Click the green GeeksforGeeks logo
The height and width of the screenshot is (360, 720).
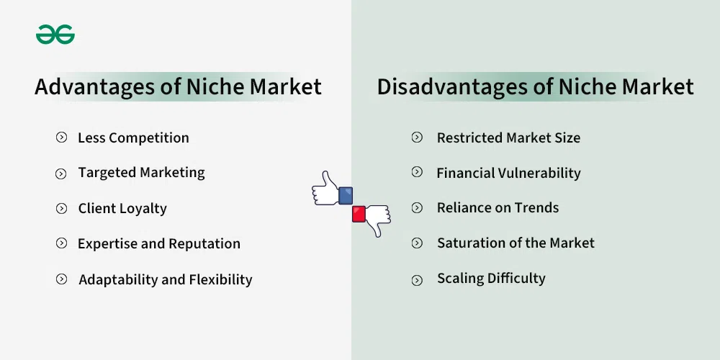(x=55, y=35)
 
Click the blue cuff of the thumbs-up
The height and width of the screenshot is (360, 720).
(x=346, y=195)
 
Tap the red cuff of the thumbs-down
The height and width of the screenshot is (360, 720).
(x=359, y=214)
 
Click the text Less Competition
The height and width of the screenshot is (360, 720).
(x=133, y=138)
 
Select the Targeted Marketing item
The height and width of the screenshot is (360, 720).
(x=141, y=173)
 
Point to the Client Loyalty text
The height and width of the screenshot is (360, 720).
(x=122, y=209)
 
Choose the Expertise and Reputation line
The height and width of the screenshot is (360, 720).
(x=159, y=243)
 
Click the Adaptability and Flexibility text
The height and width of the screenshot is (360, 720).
(x=166, y=279)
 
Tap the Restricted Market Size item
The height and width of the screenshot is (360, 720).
(x=508, y=138)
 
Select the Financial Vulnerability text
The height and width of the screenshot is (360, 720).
(x=508, y=173)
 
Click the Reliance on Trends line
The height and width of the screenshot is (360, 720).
(x=498, y=207)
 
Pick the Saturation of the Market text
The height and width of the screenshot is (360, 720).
(x=516, y=243)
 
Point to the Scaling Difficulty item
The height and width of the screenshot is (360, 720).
(x=491, y=278)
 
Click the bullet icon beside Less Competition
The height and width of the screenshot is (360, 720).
(x=61, y=138)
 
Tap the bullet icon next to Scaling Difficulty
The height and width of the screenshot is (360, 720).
(x=417, y=280)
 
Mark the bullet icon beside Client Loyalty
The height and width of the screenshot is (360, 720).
(x=61, y=209)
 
